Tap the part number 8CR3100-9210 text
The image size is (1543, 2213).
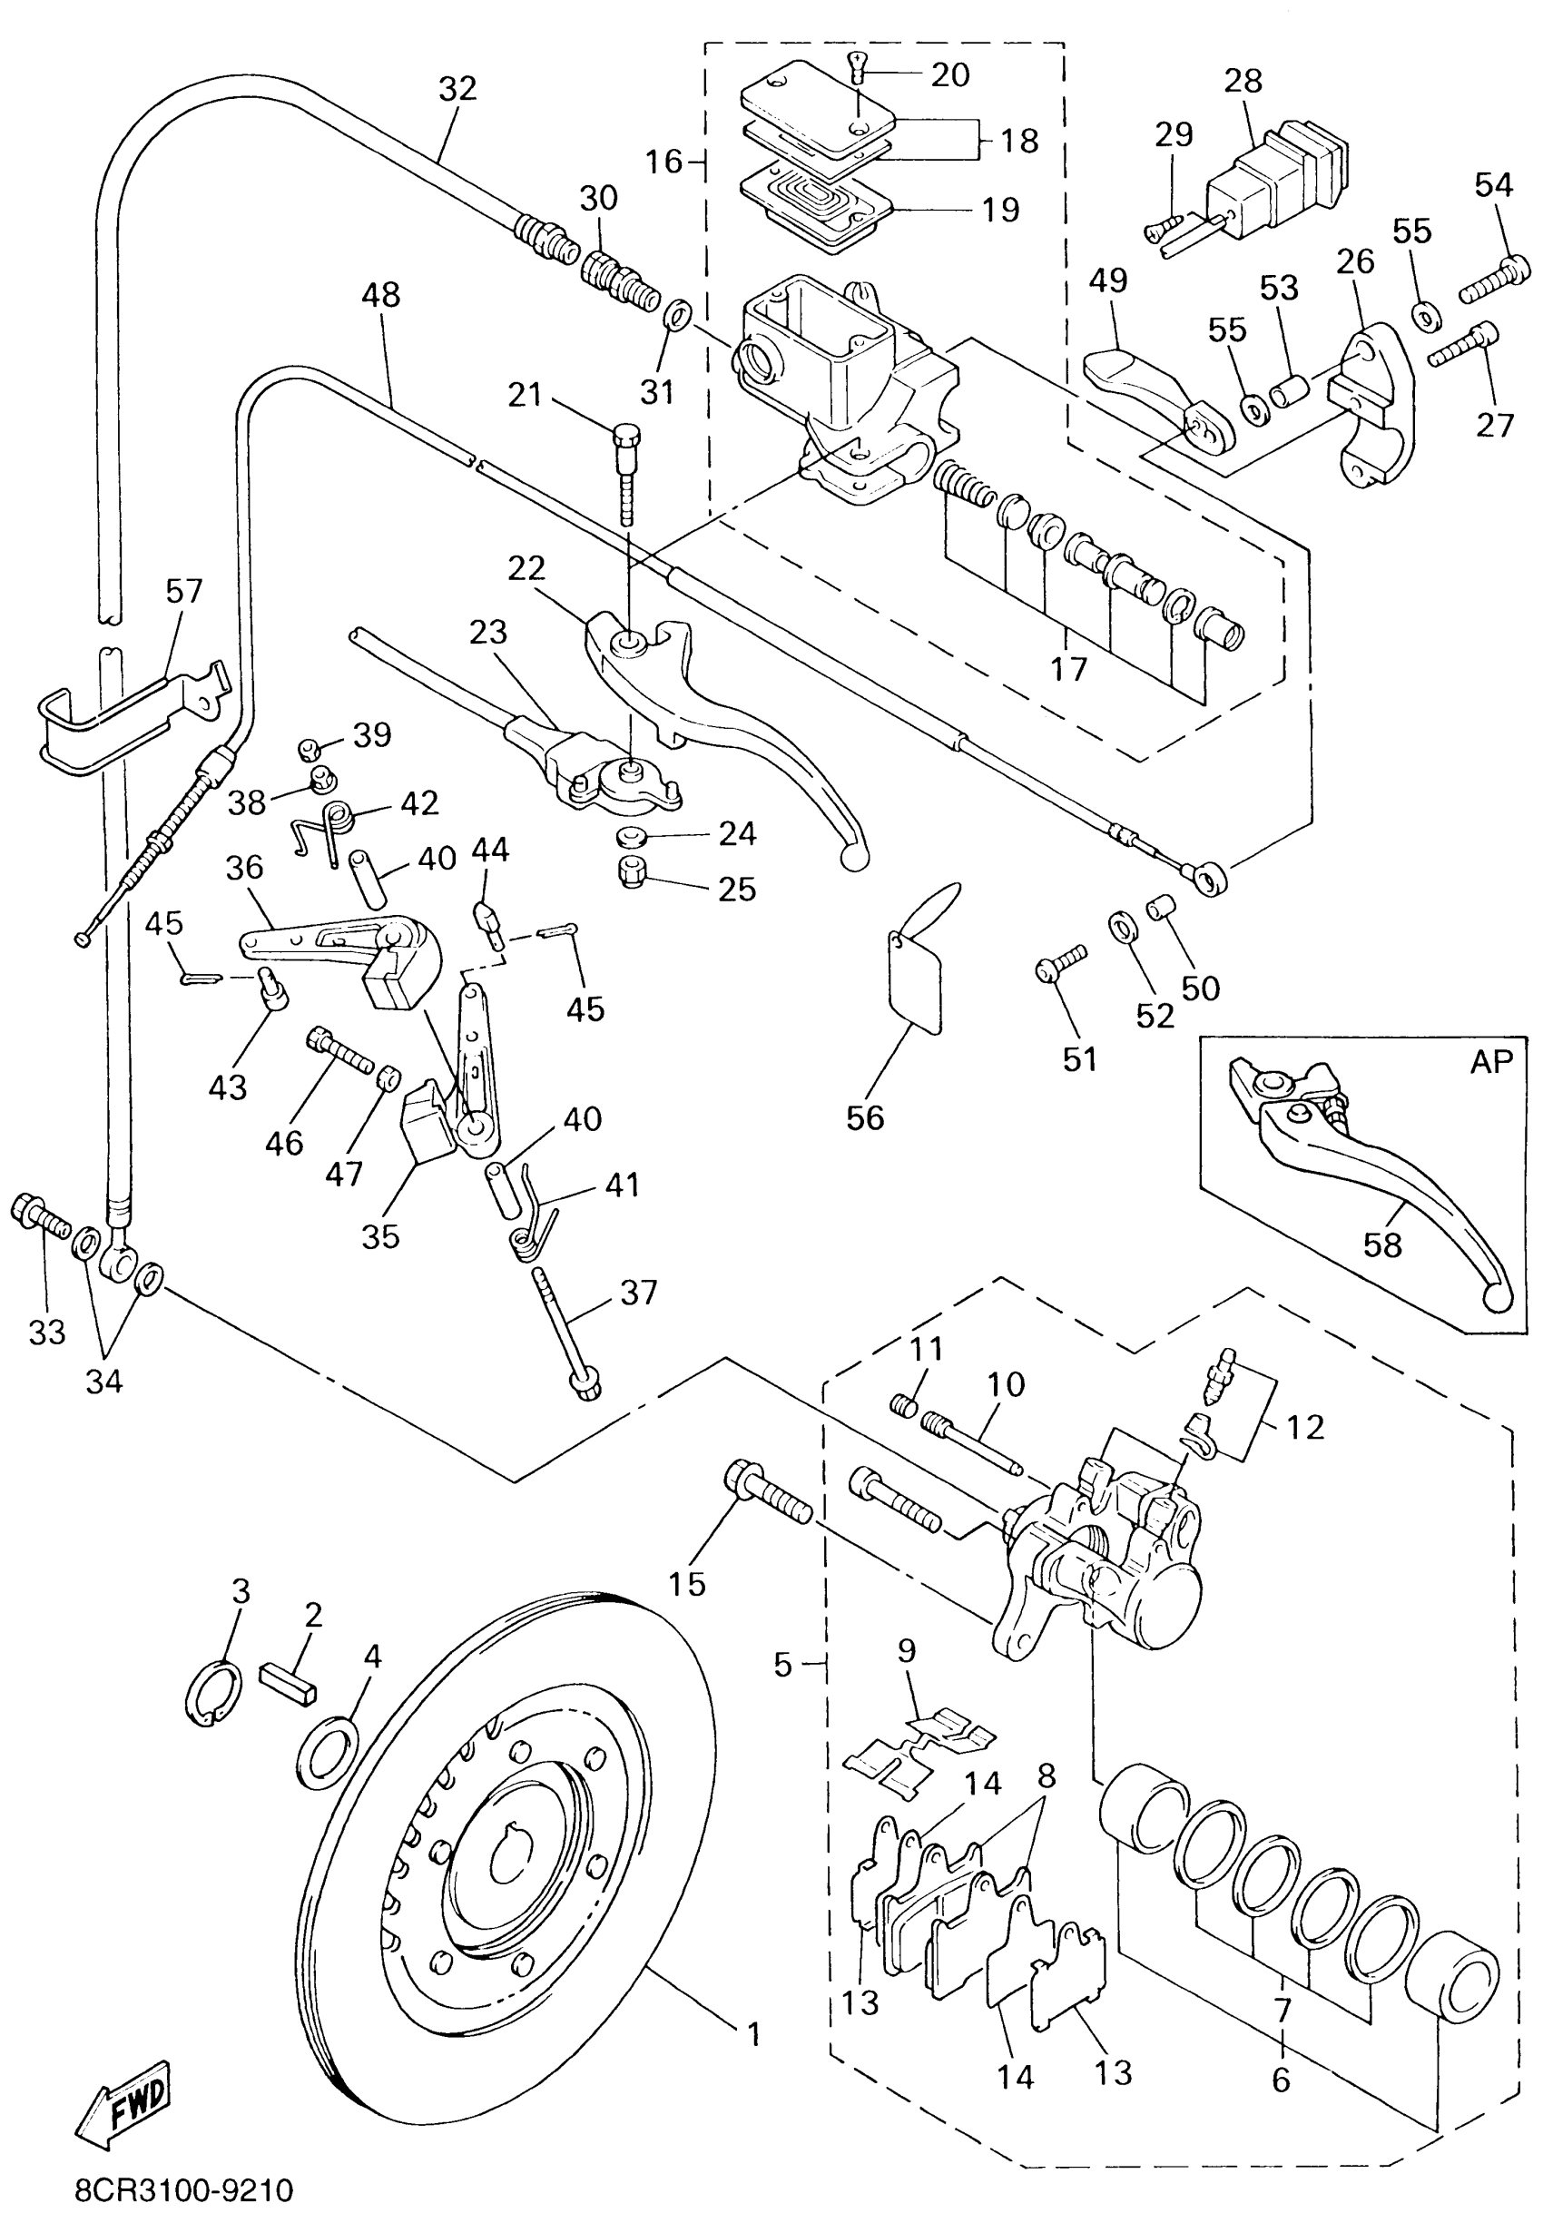click(x=183, y=2190)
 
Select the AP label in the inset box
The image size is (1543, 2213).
click(x=1491, y=1061)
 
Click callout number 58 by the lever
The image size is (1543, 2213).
click(x=1381, y=1244)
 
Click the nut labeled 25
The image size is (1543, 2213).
click(x=632, y=873)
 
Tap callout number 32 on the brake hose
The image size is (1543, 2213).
click(x=457, y=89)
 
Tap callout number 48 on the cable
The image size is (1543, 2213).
click(x=380, y=295)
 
